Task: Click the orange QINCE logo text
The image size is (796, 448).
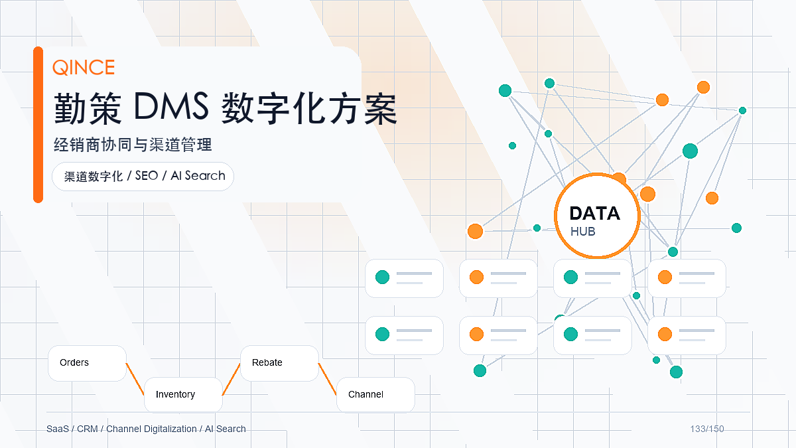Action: tap(84, 67)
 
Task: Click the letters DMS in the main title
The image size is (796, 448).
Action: tap(171, 106)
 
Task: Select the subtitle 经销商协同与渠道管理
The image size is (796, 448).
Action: tap(133, 145)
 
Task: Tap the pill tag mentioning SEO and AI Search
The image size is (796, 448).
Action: tap(143, 177)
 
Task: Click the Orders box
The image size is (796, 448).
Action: tap(87, 363)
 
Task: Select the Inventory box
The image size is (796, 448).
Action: tap(183, 395)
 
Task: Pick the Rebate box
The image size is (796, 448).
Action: tap(279, 363)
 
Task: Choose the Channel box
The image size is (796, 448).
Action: tap(375, 395)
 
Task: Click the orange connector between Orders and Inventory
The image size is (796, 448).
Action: tap(135, 379)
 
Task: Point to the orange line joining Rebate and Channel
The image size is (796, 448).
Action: tap(327, 379)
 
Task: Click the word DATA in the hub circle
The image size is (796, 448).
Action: tap(594, 213)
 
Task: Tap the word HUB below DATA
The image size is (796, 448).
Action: tap(583, 232)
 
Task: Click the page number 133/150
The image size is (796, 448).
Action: tap(707, 429)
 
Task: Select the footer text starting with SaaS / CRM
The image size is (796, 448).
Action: tap(146, 429)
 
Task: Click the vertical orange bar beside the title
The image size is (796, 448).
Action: tap(38, 125)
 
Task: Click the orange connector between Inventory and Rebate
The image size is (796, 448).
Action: tap(232, 379)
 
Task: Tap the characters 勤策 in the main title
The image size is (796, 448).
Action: tap(88, 108)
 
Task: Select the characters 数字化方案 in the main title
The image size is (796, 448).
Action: tap(309, 108)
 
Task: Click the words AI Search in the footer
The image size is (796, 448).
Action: tap(226, 429)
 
